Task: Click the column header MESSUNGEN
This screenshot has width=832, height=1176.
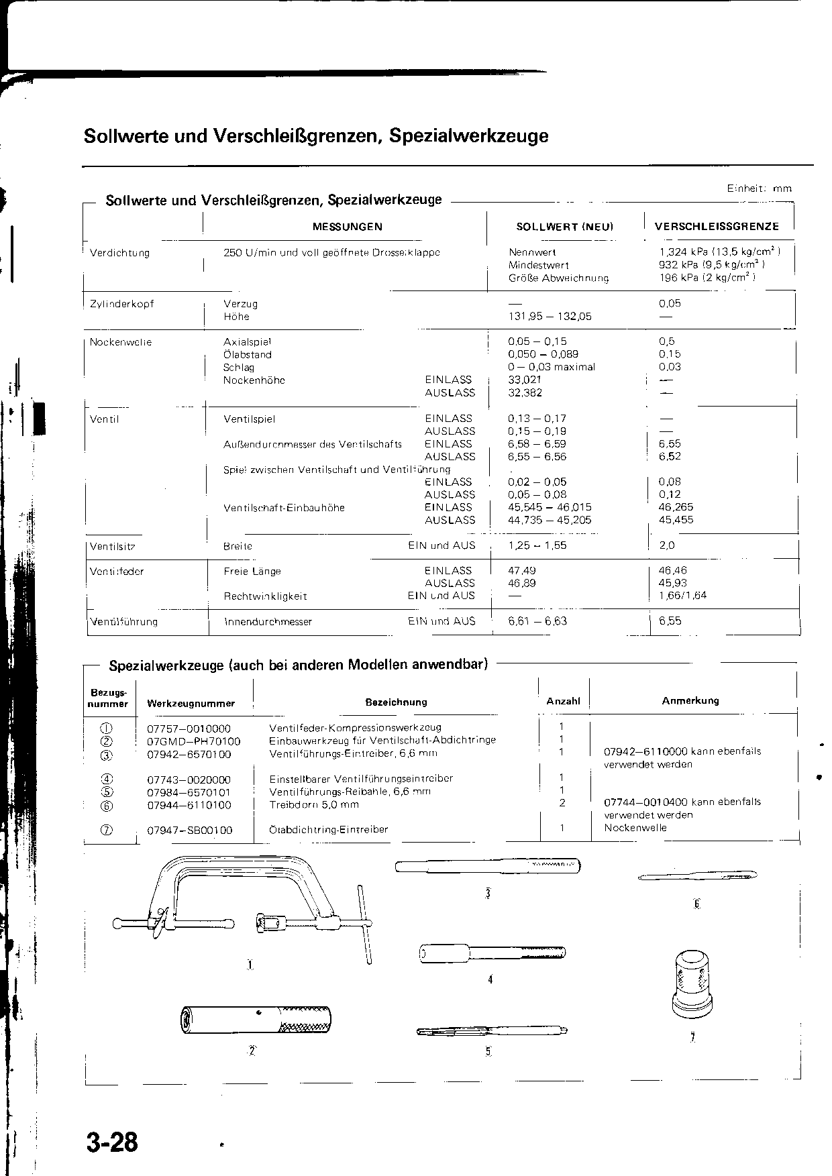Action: pos(348,227)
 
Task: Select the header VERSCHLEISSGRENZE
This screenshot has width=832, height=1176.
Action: pos(717,227)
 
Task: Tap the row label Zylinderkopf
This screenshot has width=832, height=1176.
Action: pos(122,304)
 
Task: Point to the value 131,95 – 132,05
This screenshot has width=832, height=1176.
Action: pos(550,317)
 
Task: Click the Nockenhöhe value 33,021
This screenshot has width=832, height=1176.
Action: pos(525,380)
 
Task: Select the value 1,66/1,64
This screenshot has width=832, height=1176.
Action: pos(682,596)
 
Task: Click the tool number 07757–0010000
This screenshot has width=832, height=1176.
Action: pos(189,729)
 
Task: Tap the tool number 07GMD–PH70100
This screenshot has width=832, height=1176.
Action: pos(193,741)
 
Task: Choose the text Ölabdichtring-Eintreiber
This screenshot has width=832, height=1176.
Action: pos(329,830)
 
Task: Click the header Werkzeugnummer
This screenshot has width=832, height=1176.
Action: pos(191,703)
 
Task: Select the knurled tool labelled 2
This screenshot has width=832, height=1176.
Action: pos(255,1018)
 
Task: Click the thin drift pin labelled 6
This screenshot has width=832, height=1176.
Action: pos(701,876)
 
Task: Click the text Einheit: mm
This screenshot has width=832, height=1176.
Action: pos(759,189)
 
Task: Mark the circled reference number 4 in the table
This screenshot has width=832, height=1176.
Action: pos(107,780)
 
